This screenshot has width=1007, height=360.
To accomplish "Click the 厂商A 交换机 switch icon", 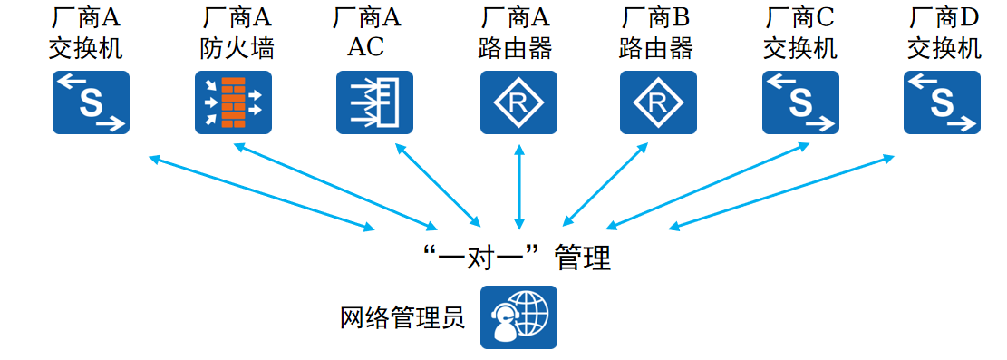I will (x=90, y=103).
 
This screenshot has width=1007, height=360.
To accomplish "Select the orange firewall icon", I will (x=234, y=103).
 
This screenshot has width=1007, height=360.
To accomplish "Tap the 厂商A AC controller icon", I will (x=375, y=103).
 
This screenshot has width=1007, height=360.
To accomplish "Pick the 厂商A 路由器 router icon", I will (x=518, y=103).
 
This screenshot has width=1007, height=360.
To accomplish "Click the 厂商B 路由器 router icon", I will (x=659, y=103).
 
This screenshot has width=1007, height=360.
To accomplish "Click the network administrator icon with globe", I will (x=518, y=317).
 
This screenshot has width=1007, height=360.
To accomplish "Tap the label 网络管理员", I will (x=402, y=318).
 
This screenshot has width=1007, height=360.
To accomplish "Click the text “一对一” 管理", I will (x=518, y=260).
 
